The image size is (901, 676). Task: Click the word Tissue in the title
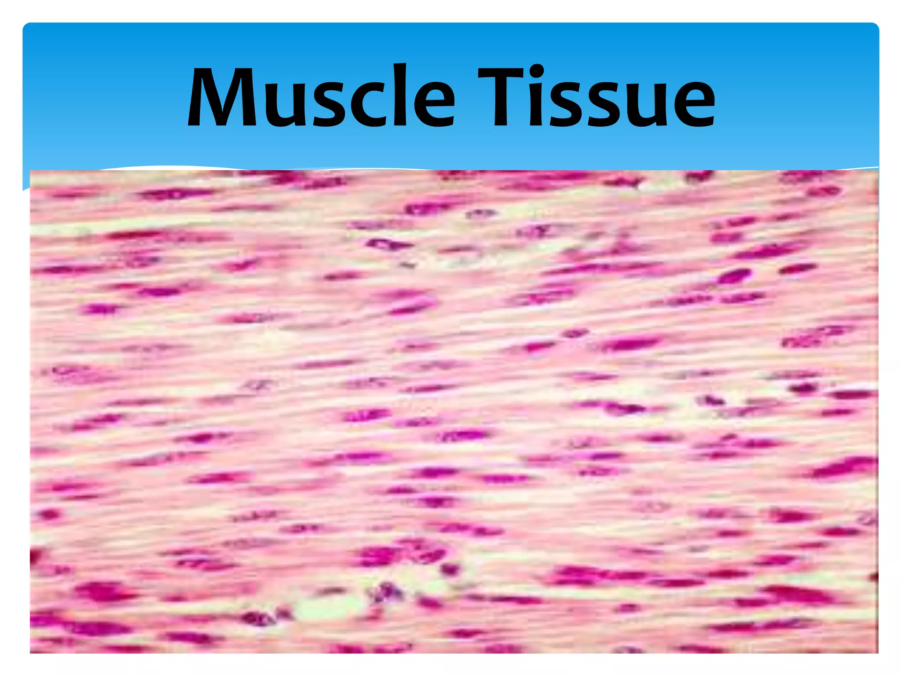click(x=596, y=98)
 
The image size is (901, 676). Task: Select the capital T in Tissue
click(x=501, y=98)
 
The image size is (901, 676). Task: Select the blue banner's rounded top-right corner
click(x=874, y=27)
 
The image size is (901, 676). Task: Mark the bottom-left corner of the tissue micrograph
click(x=31, y=652)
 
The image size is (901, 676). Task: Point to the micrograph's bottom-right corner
click(x=877, y=652)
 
